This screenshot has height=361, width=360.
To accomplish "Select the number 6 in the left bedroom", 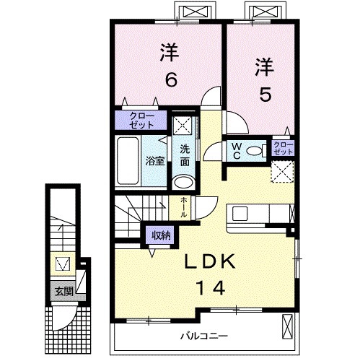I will [x=170, y=79].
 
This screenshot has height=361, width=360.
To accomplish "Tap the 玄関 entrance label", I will [x=63, y=292].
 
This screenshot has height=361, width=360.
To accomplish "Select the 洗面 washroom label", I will [x=185, y=155].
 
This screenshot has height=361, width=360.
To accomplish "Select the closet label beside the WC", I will [x=283, y=149].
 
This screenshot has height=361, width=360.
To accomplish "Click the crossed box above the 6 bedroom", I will [x=196, y=12].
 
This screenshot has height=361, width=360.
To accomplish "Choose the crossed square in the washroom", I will [x=183, y=123].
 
